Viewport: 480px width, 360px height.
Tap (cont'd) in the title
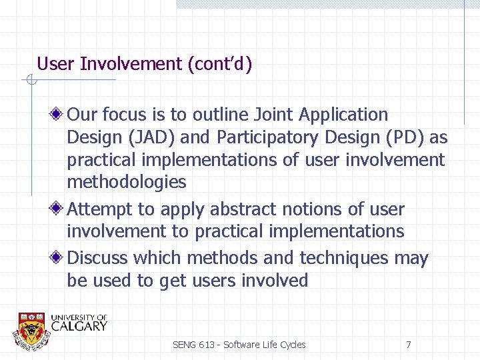point(220,64)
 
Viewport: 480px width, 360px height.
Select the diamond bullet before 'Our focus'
point(59,115)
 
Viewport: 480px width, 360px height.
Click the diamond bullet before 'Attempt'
point(59,209)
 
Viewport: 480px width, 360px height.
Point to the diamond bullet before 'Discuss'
point(59,258)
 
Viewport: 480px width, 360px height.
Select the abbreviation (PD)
point(403,137)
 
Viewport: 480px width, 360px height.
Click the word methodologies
point(127,181)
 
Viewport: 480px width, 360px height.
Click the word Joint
point(271,115)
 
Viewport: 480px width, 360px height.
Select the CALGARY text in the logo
point(79,327)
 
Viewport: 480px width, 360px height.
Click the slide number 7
point(408,345)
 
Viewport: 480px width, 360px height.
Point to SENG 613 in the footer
point(193,345)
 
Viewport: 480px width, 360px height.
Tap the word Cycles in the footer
point(291,345)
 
